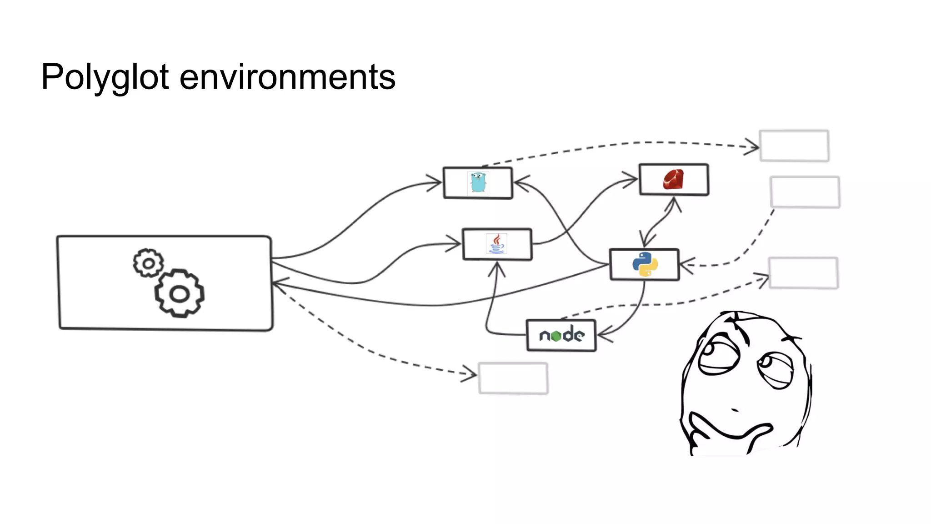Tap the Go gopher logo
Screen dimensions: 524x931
coord(478,183)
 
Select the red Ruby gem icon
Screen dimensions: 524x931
coord(673,179)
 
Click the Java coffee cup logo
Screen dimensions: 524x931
coord(496,244)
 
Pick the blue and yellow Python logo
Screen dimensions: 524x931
coord(645,264)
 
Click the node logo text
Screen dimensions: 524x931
coord(561,335)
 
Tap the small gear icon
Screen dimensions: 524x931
coord(148,263)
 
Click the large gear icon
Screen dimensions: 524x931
coord(179,294)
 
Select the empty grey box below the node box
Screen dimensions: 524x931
coord(513,378)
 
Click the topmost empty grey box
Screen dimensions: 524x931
coord(794,146)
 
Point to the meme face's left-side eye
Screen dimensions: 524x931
coord(718,355)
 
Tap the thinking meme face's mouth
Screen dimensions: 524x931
coord(735,410)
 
